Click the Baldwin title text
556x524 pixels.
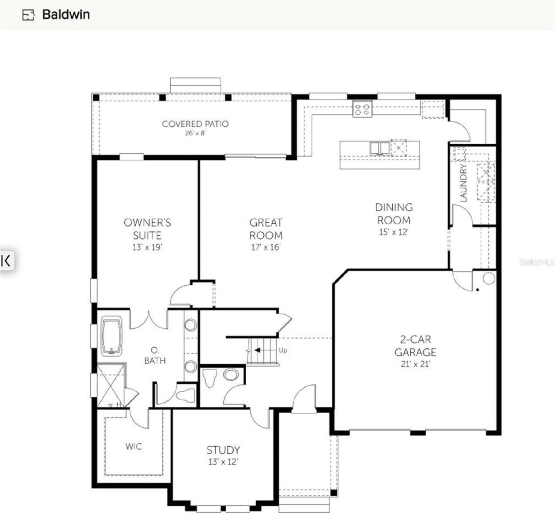pos(66,14)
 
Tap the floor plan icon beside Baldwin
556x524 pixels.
pos(28,15)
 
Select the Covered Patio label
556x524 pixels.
pos(195,124)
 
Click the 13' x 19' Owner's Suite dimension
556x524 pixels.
pos(147,247)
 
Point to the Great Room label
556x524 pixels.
pos(266,229)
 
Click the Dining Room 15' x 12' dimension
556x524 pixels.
pos(394,232)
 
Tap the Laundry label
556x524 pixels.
pos(463,183)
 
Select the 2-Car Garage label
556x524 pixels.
pos(415,346)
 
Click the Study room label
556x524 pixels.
pos(223,450)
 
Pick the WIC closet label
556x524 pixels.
pos(133,446)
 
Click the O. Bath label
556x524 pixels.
pos(155,355)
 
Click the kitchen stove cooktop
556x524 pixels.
pos(362,108)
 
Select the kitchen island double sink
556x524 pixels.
pos(380,148)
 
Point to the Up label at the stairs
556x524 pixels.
pos(283,350)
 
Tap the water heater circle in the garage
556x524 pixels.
pos(489,278)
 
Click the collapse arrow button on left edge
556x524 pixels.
pos(7,260)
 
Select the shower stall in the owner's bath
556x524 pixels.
pos(111,386)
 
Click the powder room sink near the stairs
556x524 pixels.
pos(231,375)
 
